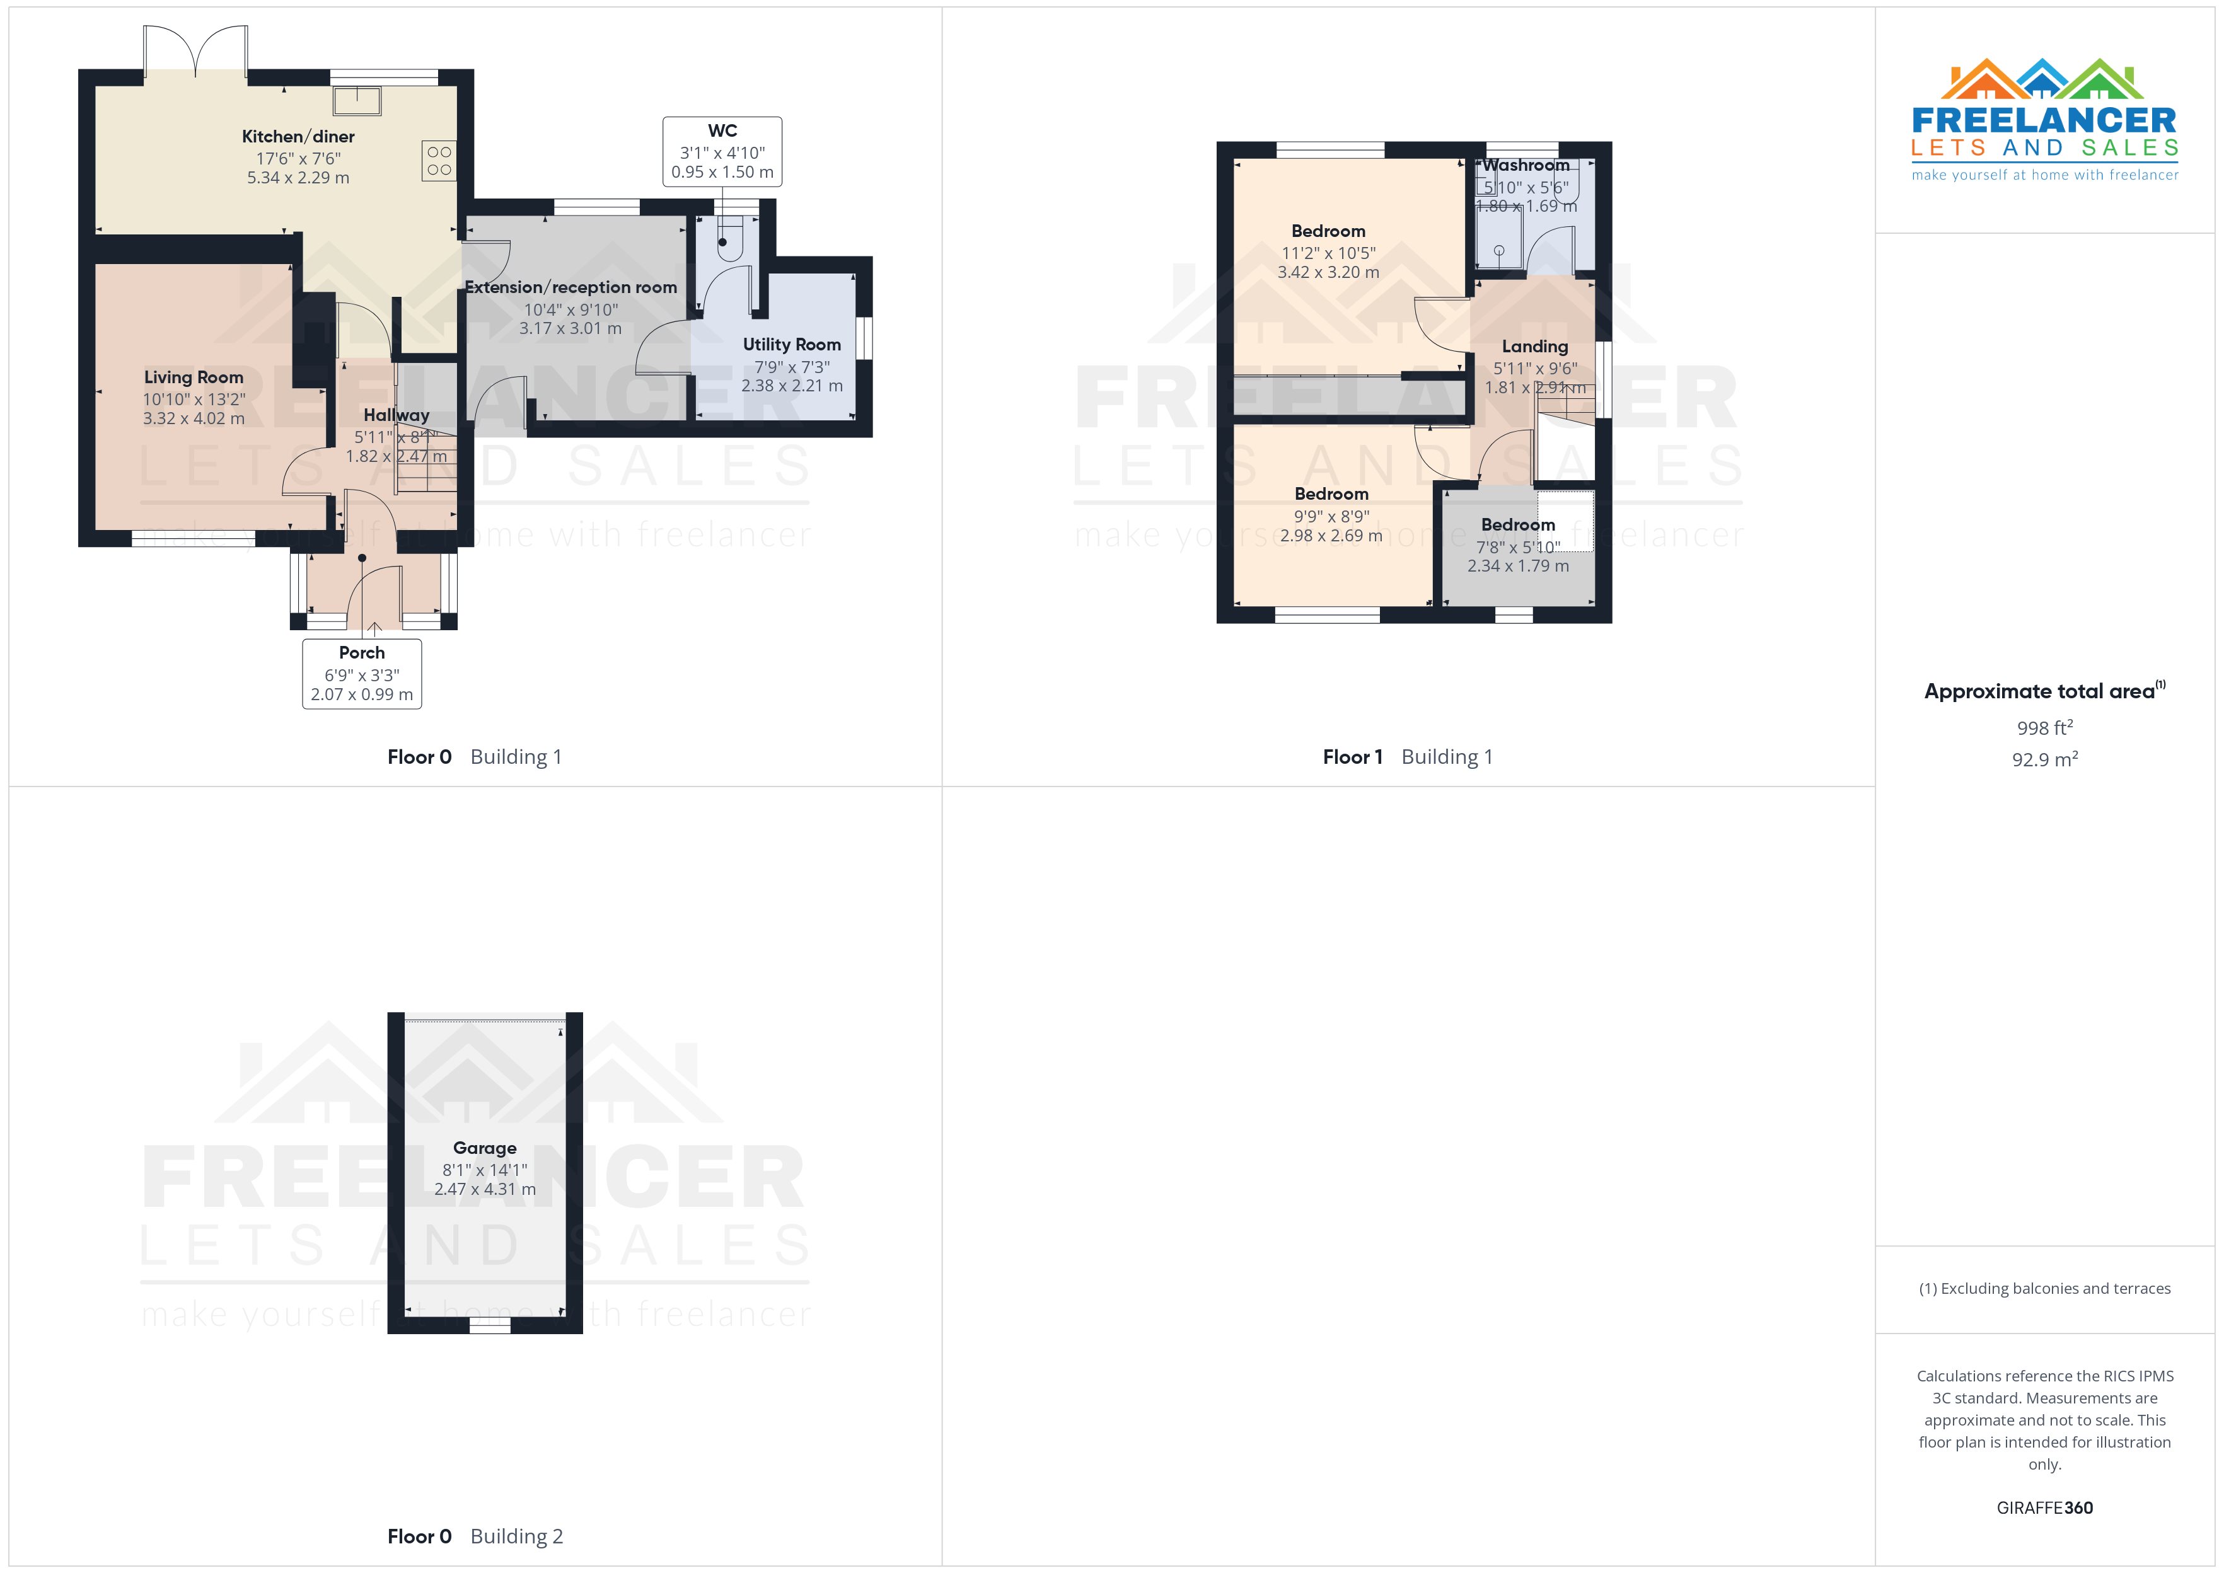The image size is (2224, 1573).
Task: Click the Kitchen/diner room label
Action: [298, 137]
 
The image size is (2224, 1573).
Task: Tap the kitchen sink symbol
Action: [357, 100]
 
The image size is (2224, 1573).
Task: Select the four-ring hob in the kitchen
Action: [439, 161]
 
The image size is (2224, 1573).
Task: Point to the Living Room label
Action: [194, 377]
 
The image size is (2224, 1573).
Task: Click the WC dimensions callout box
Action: [722, 152]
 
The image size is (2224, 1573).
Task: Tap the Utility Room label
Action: [791, 345]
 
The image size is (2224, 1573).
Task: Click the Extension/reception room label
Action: [570, 287]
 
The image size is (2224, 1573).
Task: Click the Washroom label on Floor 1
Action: [1526, 166]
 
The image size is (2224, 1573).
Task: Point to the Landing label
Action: [1534, 347]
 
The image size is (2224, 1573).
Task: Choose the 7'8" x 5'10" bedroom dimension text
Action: [1518, 547]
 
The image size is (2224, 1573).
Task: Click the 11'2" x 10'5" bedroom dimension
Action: [1328, 253]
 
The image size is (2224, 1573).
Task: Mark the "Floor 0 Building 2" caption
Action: [475, 1536]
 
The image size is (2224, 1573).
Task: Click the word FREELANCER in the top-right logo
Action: [2044, 121]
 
